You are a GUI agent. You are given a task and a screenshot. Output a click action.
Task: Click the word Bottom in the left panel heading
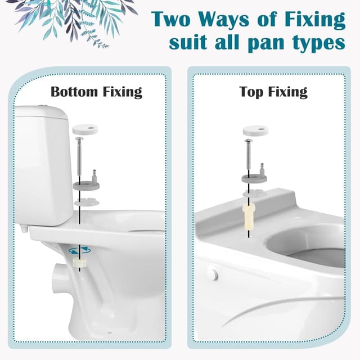click(72, 92)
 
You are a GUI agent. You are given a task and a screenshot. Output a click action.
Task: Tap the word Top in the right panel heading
click(251, 92)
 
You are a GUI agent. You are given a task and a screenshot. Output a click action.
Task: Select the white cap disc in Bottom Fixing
click(87, 128)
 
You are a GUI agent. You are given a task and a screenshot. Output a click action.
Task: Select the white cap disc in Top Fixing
click(255, 130)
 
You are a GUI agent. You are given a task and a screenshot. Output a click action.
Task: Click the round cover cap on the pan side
click(212, 273)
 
